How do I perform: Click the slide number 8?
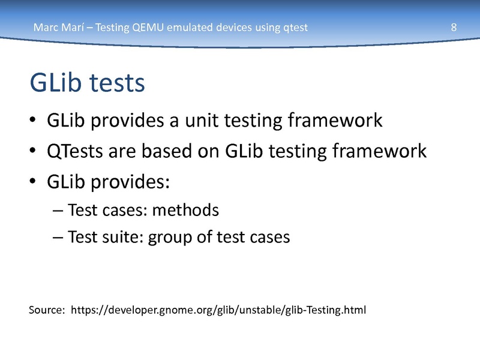454,27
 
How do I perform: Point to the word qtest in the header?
295,28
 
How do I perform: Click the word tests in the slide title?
117,83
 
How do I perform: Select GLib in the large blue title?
56,82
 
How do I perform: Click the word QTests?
75,151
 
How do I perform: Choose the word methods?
185,210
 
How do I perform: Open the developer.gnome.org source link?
218,310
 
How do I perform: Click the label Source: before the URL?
47,310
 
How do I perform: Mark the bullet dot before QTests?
33,151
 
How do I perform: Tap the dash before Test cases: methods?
58,211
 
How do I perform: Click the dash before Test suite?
58,238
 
